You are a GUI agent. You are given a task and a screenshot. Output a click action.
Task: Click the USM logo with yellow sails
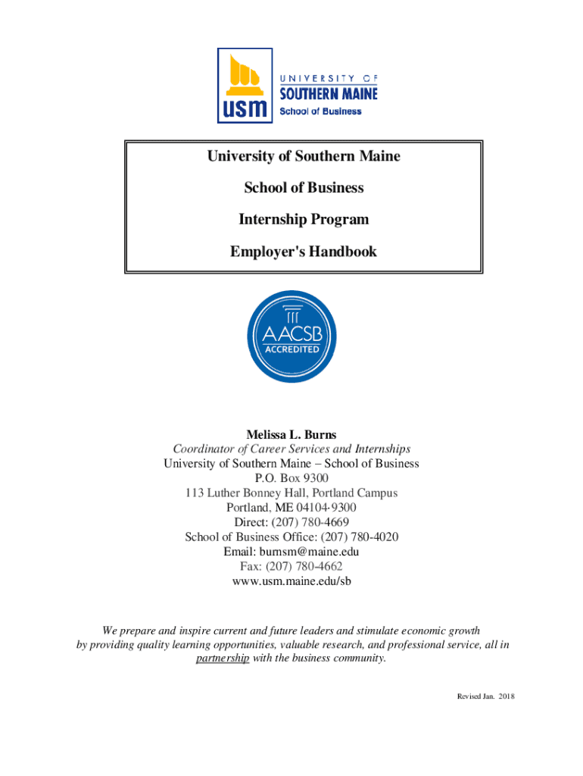tap(245, 85)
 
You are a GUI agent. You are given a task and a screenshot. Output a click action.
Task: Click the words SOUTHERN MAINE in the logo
tap(328, 94)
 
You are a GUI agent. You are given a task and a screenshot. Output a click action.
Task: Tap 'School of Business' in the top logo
tap(321, 111)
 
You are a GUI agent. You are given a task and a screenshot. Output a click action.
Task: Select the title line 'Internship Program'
tap(304, 219)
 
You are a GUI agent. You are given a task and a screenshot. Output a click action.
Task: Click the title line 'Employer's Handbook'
tap(304, 251)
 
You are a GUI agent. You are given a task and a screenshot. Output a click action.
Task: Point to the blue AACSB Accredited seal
tap(291, 338)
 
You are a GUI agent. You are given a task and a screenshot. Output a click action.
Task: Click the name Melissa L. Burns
tap(291, 434)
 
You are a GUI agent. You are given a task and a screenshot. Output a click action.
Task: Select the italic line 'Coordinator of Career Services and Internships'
tap(291, 449)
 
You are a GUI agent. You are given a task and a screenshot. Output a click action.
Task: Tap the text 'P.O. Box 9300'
tap(291, 478)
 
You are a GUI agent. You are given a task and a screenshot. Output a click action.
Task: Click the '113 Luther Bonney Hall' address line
tap(291, 493)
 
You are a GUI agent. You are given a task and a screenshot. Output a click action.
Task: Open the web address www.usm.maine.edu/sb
tap(291, 581)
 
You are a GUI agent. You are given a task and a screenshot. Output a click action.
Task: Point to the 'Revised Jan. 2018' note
tap(482, 696)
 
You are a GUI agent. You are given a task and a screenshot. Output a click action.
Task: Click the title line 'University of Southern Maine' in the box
tap(304, 156)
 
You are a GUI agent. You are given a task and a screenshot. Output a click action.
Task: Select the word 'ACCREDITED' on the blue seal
tap(291, 350)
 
